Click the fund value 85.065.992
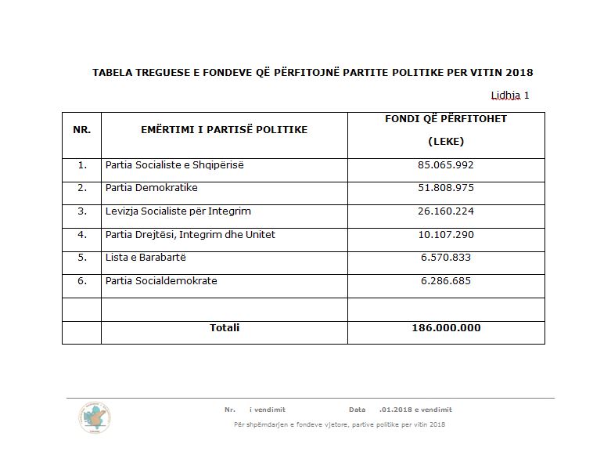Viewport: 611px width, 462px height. click(x=446, y=165)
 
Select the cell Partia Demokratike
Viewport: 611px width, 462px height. click(x=151, y=188)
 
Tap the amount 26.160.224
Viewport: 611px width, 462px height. click(x=446, y=211)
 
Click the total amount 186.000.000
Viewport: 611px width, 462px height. click(x=446, y=327)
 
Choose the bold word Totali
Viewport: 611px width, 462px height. click(x=225, y=327)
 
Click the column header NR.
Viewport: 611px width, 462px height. click(x=81, y=129)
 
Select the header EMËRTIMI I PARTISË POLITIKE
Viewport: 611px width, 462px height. click(x=225, y=129)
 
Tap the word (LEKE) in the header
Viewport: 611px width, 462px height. click(x=446, y=142)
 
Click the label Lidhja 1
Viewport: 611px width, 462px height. click(x=510, y=96)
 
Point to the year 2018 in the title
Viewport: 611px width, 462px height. click(x=519, y=72)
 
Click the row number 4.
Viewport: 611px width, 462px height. click(x=82, y=234)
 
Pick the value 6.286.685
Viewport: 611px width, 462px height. click(x=446, y=280)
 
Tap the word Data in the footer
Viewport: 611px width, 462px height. click(x=357, y=410)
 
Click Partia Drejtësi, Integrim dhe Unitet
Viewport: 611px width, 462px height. click(x=190, y=234)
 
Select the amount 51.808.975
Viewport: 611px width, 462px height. click(x=446, y=188)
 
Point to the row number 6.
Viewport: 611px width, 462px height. click(x=82, y=280)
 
